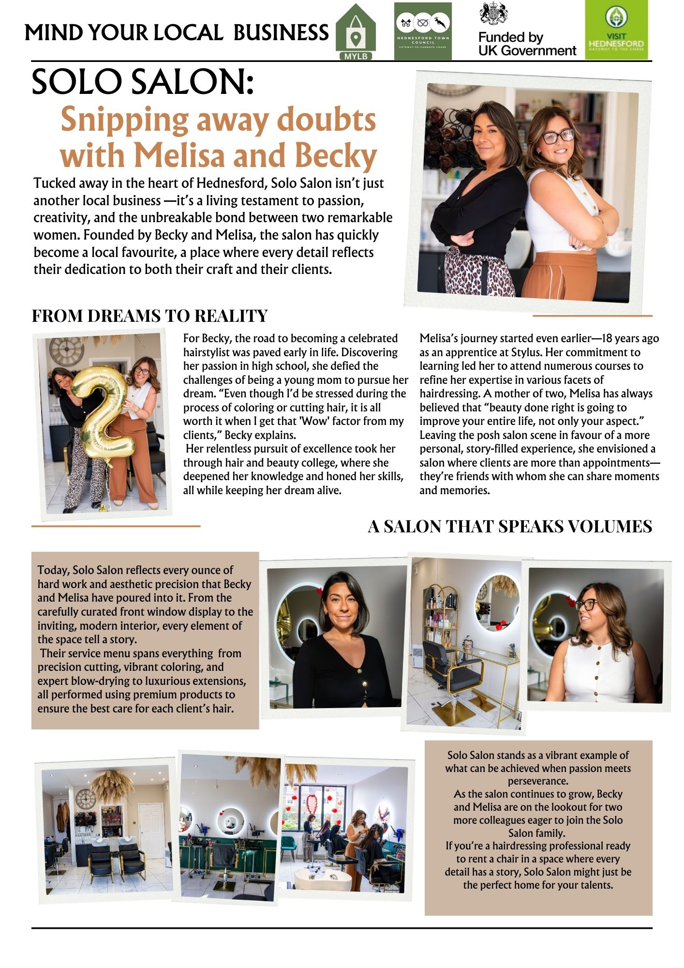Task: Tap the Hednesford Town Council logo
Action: tap(422, 31)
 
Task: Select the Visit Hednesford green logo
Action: tap(616, 30)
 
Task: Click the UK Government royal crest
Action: tap(493, 14)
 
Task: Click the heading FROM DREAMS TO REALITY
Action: tap(149, 316)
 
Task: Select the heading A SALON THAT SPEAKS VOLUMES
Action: tap(510, 527)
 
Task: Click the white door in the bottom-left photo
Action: tap(151, 831)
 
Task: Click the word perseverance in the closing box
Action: tap(538, 781)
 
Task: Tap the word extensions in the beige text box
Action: tap(219, 681)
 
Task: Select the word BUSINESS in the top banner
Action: tap(281, 33)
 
